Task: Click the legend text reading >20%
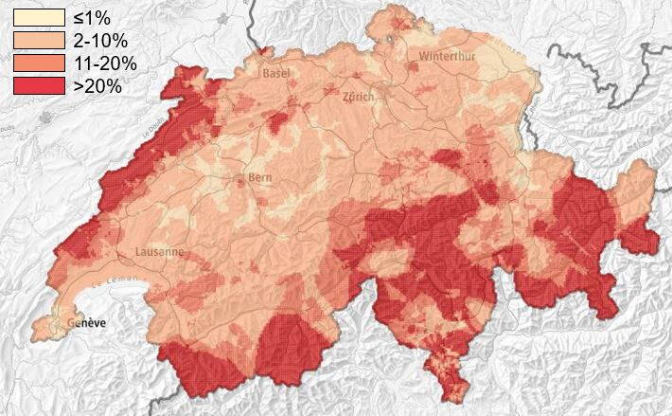(98, 86)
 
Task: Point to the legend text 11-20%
(105, 63)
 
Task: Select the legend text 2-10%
(101, 41)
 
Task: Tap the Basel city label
(276, 73)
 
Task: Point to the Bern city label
(258, 177)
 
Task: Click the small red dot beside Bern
(239, 177)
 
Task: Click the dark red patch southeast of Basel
(278, 120)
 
